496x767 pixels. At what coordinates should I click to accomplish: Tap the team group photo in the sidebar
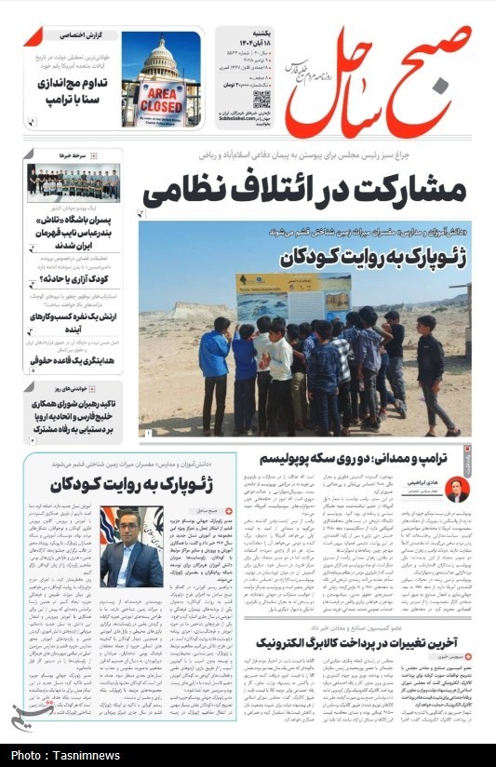pyautogui.click(x=73, y=183)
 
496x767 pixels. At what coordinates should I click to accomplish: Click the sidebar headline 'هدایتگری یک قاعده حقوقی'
pyautogui.click(x=74, y=358)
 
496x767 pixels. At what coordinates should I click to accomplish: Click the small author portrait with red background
pyautogui.click(x=456, y=491)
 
